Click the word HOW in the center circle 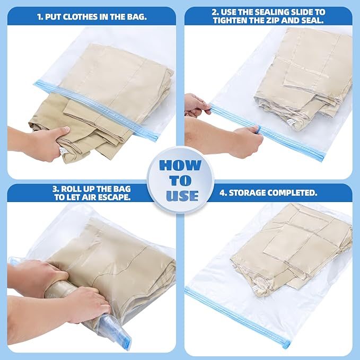(x=180, y=165)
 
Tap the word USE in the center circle (x=181, y=196)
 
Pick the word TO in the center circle (x=180, y=181)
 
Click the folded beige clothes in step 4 (x=289, y=244)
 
